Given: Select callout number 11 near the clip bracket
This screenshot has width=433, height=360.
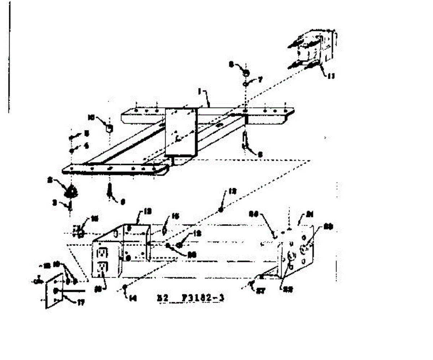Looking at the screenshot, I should coord(331,76).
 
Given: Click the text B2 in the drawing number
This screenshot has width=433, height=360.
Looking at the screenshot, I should coord(161,299).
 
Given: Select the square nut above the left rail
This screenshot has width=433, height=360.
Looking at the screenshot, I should coord(109,128).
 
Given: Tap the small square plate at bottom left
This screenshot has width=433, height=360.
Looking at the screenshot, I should coord(54,291).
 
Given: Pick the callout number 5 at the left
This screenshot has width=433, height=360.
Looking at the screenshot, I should coord(87,133).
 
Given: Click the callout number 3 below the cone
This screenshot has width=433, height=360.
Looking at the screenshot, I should coord(54,203).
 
